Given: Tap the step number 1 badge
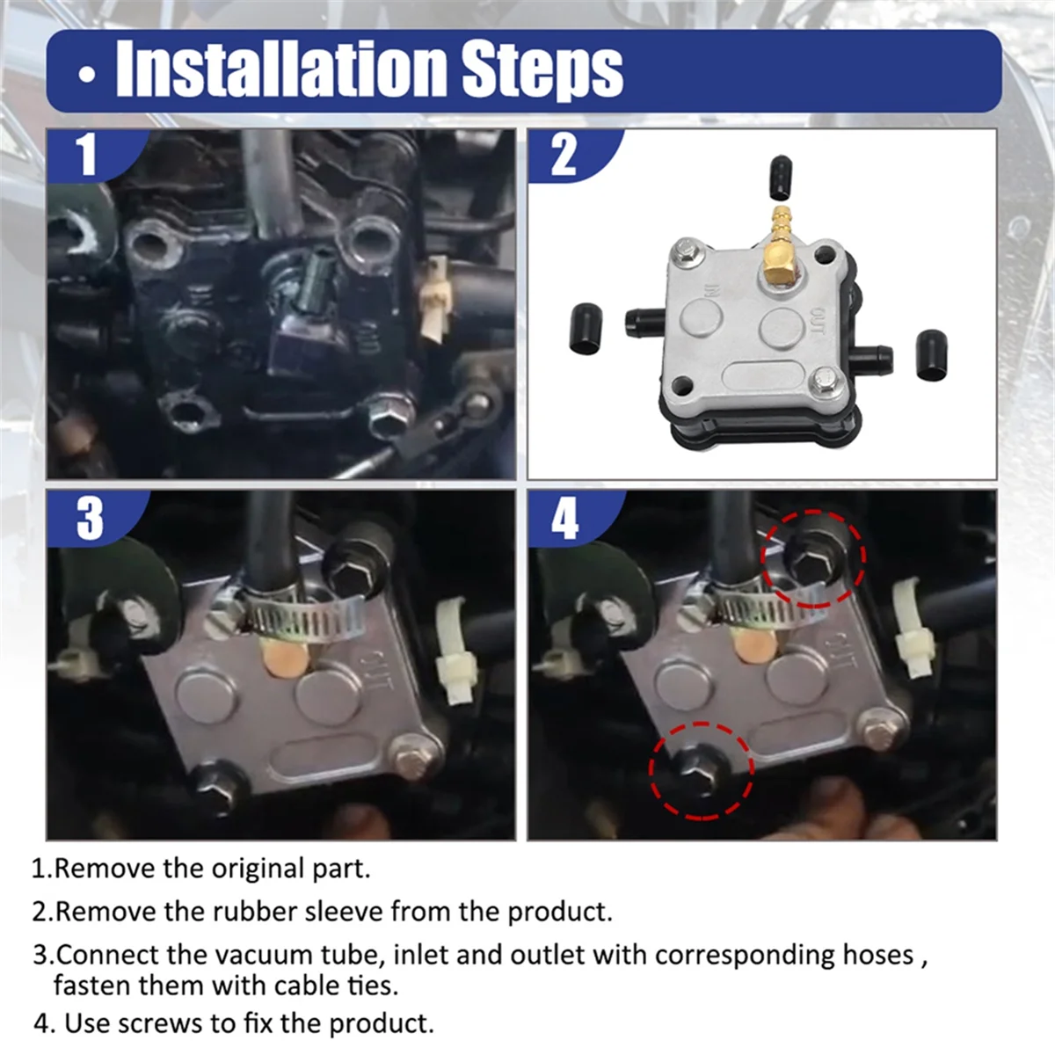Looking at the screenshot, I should coord(85,155).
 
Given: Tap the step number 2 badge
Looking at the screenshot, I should coord(564,155).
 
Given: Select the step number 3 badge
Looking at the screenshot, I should coord(88,519).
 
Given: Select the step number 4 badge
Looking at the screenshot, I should coord(564,519).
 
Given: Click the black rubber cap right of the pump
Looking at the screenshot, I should coord(930,354).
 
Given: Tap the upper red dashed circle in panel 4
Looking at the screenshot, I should coord(813,558).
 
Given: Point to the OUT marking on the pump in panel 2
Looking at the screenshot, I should coord(818,321).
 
